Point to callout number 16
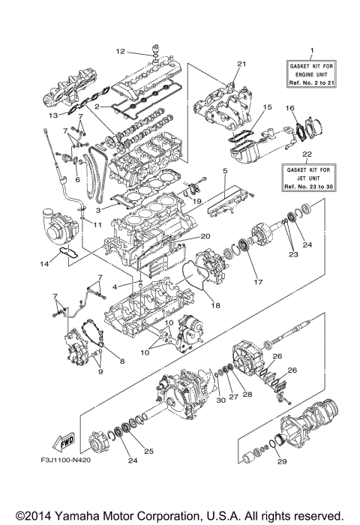coord(290,109)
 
